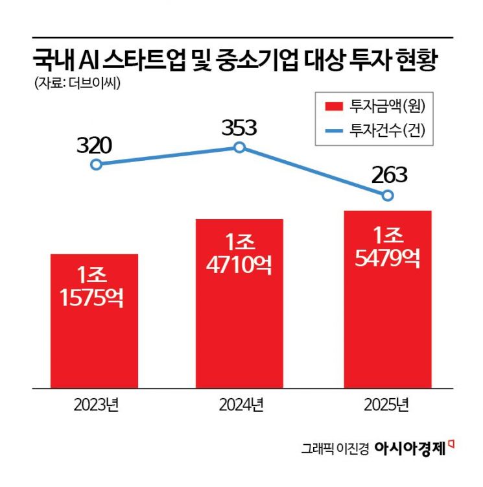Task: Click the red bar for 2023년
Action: [94, 321]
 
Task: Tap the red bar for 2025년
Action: [388, 299]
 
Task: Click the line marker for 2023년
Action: [96, 165]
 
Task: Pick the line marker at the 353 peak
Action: [239, 148]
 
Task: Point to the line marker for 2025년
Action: [388, 195]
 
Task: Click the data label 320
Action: [95, 145]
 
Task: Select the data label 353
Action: [239, 126]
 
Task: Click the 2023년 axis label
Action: [96, 407]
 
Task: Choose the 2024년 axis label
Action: [240, 407]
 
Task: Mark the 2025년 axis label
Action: [388, 407]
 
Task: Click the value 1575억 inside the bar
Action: [94, 302]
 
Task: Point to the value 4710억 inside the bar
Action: [239, 265]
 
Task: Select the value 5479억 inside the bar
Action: [388, 257]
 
